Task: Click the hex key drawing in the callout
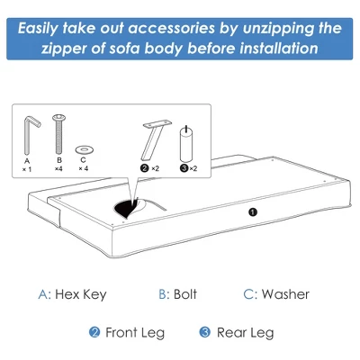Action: coord(31,131)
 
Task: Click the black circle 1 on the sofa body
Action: coord(253,211)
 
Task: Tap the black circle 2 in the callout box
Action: coord(143,168)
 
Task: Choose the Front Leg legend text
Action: coord(135,332)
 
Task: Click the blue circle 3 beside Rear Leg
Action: coord(204,332)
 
